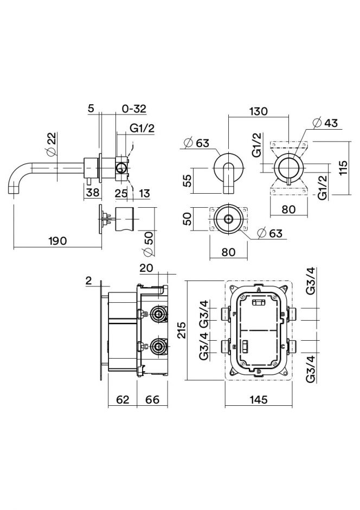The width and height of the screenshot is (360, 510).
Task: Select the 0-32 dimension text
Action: (x=134, y=109)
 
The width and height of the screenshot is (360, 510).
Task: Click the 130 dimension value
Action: (x=259, y=111)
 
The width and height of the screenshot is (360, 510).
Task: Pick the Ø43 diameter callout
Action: (x=326, y=123)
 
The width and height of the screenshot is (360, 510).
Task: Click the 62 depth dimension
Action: (x=123, y=400)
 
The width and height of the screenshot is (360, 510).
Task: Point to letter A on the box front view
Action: (x=259, y=291)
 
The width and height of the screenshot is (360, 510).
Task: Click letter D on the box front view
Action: (x=259, y=371)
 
